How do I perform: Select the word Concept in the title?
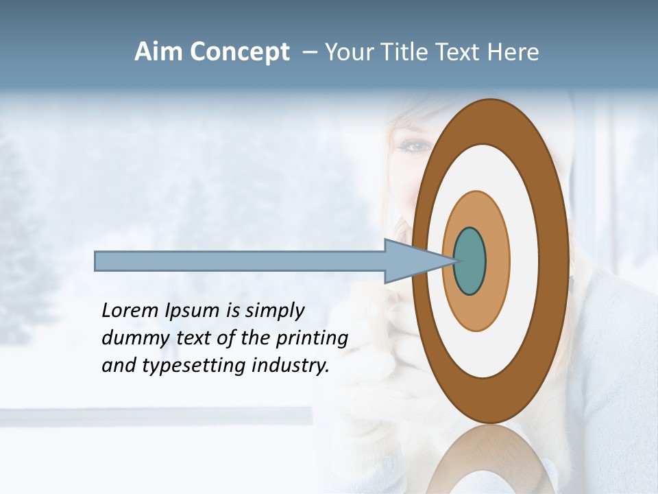pyautogui.click(x=239, y=52)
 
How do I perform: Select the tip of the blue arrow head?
pyautogui.click(x=455, y=261)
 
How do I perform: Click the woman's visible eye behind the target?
pyautogui.click(x=415, y=146)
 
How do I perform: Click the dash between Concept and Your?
pyautogui.click(x=309, y=53)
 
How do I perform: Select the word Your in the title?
pyautogui.click(x=349, y=52)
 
